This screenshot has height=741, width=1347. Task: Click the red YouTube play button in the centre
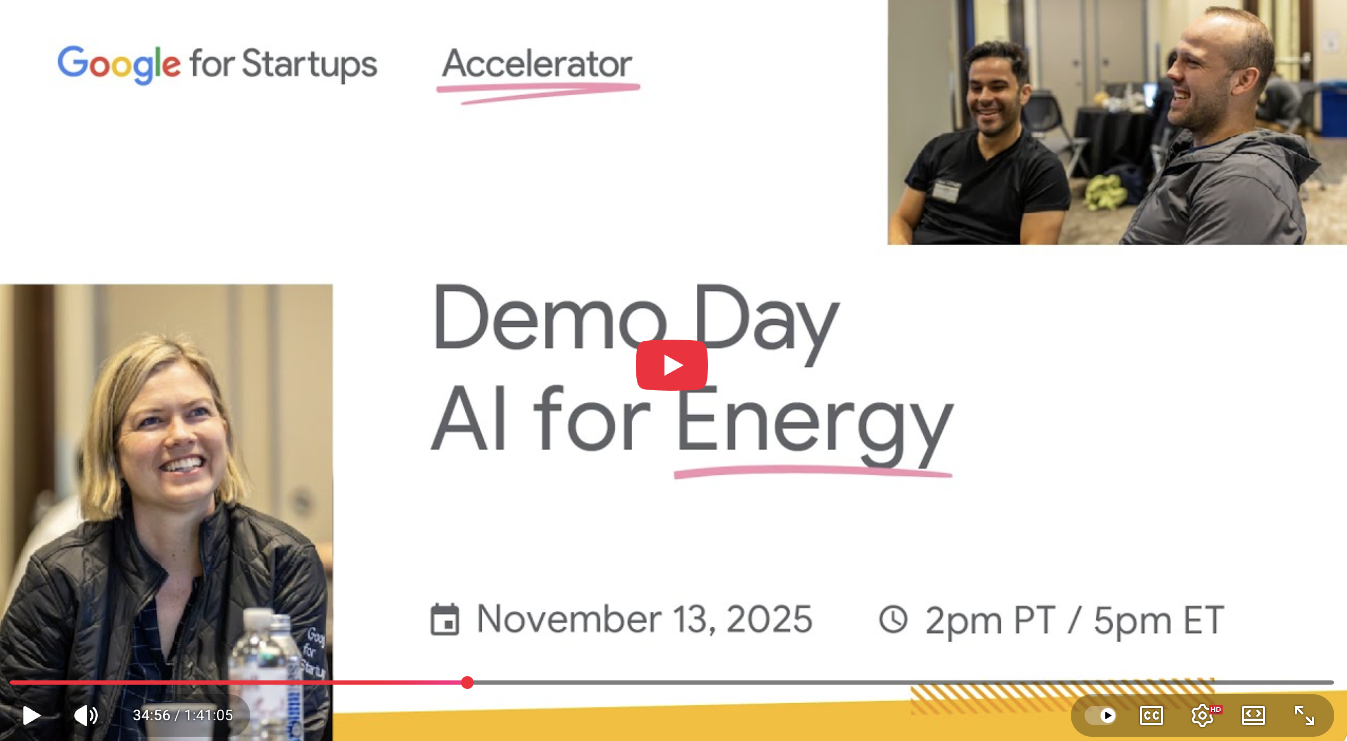pos(671,365)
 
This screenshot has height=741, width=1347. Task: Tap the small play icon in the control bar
pos(31,715)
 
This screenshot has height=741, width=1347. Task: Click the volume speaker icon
pos(86,715)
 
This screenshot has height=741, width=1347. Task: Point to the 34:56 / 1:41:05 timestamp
pos(183,715)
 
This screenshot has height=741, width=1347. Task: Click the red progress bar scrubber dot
pos(467,683)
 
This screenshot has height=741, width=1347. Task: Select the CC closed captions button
pos(1151,715)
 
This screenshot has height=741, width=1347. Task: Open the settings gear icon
pos(1202,715)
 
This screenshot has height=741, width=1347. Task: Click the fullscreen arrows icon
pos(1304,715)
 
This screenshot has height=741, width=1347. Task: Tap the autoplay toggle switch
pos(1101,715)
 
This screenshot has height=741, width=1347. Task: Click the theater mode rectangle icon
pos(1253,715)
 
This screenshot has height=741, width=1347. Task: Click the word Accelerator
pos(537,64)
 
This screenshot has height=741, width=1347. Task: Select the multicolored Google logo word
pos(119,64)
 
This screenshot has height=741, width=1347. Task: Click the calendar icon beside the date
pos(445,619)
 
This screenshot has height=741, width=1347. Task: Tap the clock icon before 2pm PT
pos(893,619)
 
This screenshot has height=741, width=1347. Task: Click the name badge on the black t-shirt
pos(947,190)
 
